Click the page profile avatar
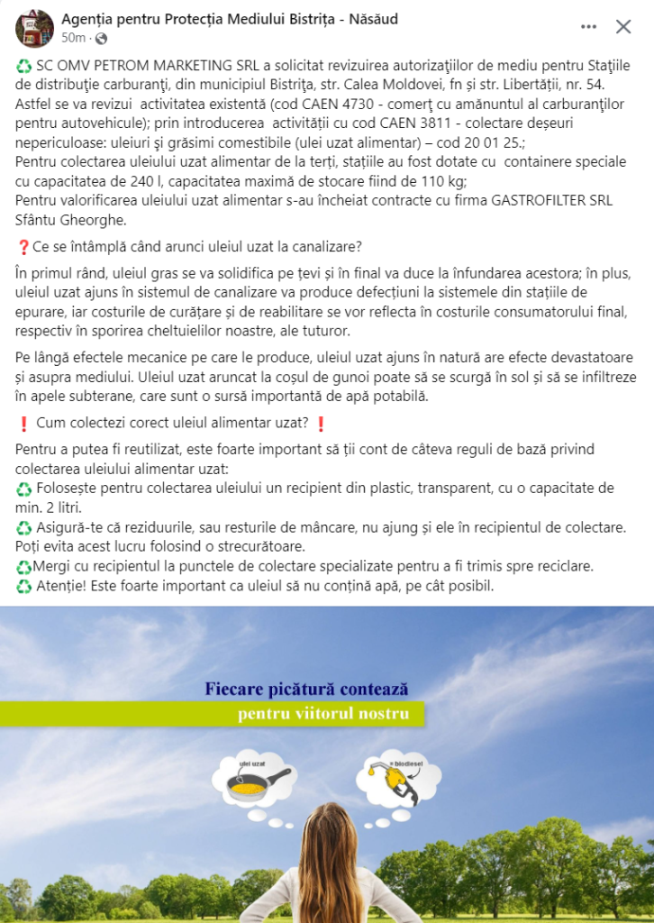coord(34,28)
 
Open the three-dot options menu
coord(589,27)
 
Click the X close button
coord(623,27)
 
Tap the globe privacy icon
coord(101,39)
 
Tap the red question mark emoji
coord(23,248)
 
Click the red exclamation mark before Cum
coord(23,424)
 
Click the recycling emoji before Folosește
coord(24,488)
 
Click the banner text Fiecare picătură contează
coord(306,690)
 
